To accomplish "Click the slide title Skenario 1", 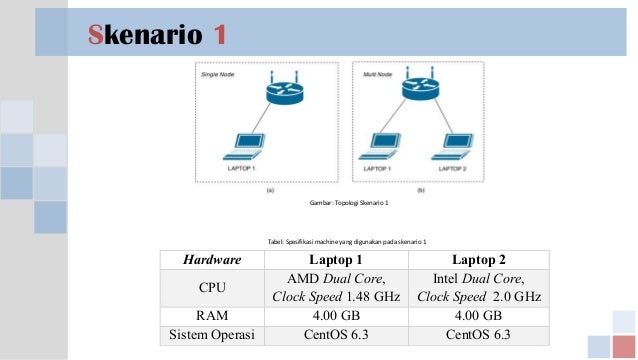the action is point(156,35).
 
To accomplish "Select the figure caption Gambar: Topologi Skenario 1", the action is point(350,203).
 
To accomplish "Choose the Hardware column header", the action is point(212,260).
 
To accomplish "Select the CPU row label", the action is point(212,287).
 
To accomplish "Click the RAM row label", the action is point(212,315).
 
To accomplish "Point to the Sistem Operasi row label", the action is point(212,333).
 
